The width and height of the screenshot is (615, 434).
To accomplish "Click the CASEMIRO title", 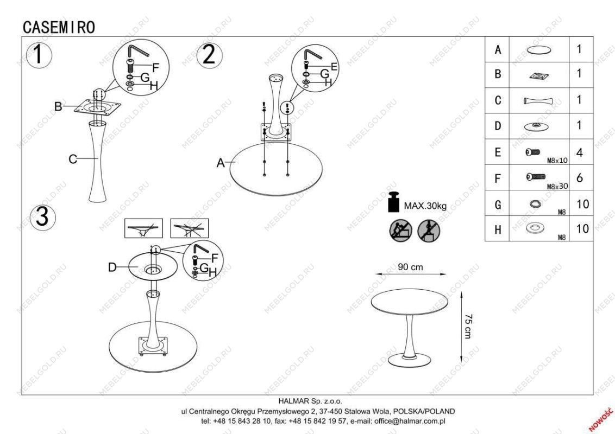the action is tap(59, 28).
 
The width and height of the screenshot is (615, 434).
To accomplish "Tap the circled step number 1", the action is tap(39, 55).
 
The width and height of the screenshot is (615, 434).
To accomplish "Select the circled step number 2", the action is tap(209, 55).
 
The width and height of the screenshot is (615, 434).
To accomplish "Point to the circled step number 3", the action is tap(42, 216).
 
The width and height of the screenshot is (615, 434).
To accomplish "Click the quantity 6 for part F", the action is tap(580, 178).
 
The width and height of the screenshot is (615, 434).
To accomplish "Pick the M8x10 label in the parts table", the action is tap(557, 160).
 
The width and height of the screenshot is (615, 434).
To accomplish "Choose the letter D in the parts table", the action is tap(498, 126).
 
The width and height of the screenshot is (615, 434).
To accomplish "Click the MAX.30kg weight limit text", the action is tap(425, 206).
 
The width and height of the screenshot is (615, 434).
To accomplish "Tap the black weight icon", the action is tap(394, 202).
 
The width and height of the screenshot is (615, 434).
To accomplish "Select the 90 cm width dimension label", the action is tap(410, 267).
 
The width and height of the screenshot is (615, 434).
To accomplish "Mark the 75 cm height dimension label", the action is tap(468, 326).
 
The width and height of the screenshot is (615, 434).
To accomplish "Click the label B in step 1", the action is tap(58, 106).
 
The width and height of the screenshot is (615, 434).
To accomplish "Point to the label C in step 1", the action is tap(73, 159).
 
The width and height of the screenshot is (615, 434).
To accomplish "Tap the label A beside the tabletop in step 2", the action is tap(221, 163).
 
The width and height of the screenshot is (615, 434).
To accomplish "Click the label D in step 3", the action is tap(112, 267).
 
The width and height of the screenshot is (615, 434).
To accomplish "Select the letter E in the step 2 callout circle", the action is tap(334, 67).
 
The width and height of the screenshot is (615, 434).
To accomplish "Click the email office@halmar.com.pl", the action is tap(410, 422).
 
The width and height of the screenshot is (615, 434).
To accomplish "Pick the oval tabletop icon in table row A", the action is tap(538, 50).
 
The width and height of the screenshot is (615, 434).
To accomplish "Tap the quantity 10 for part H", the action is tap(583, 229).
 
